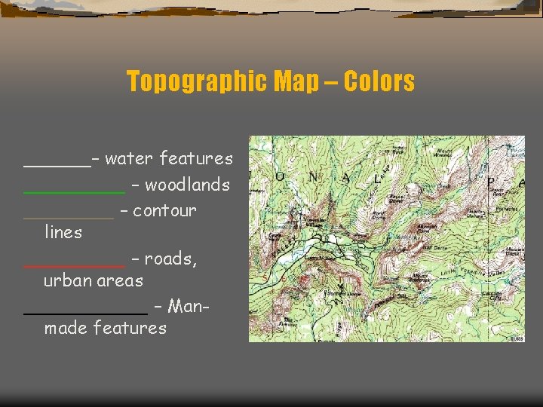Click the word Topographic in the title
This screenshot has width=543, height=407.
coord(191,81)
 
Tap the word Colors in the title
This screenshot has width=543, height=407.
coord(379,81)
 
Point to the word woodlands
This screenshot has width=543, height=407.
coord(187,185)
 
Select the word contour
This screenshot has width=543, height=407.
coord(164,210)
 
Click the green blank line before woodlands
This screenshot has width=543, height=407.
coord(74,193)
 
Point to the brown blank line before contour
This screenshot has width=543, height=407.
coord(69,218)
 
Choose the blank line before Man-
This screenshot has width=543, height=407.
coord(85,314)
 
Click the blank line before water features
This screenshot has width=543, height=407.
coord(57,167)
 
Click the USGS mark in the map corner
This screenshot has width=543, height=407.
coord(516,338)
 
